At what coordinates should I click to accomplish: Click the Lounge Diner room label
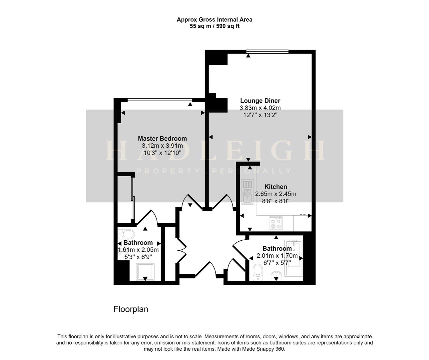click(x=260, y=101)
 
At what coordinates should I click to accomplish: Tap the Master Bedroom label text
click(x=162, y=138)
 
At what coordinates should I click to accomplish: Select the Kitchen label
click(x=275, y=187)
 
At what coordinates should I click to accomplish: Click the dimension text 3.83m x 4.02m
click(x=260, y=108)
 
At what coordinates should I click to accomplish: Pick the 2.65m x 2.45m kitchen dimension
click(x=275, y=194)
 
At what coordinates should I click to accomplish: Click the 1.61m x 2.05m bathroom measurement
click(x=138, y=250)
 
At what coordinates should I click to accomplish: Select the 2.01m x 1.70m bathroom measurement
click(x=277, y=256)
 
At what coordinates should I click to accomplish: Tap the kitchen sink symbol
click(x=247, y=191)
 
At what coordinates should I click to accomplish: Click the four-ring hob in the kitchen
click(x=276, y=223)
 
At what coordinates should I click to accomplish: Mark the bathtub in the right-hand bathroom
click(x=294, y=258)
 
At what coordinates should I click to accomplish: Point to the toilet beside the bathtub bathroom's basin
click(x=257, y=272)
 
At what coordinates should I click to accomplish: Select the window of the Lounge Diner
click(x=267, y=52)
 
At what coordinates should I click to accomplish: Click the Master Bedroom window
click(x=160, y=100)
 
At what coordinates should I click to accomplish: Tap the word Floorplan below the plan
click(x=131, y=309)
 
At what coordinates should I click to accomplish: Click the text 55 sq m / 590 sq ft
click(x=214, y=26)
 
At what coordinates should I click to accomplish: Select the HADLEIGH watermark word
click(x=214, y=151)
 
